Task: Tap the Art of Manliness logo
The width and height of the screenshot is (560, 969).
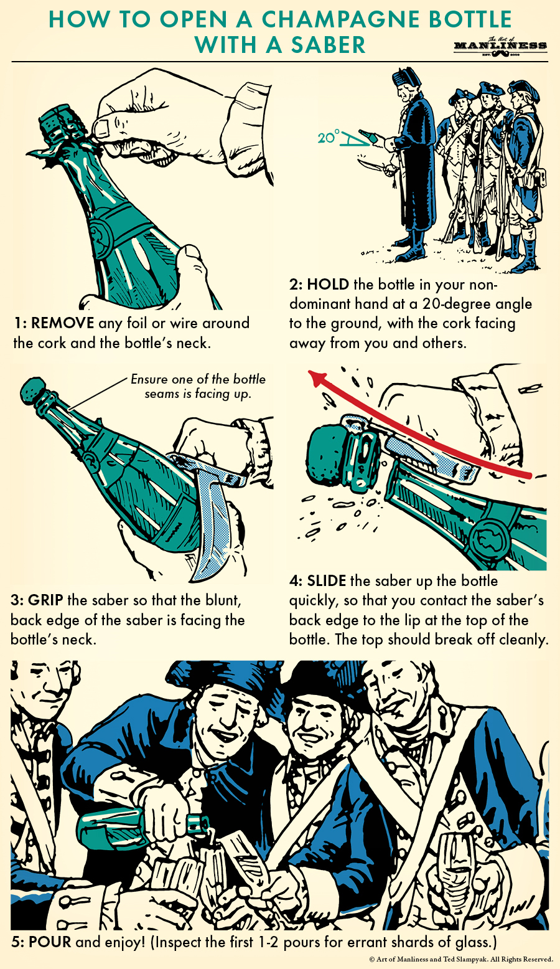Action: click(x=500, y=46)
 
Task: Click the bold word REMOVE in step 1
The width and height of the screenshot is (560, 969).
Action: click(x=62, y=323)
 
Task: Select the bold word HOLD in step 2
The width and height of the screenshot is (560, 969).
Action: click(x=328, y=285)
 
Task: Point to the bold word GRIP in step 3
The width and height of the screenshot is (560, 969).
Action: click(x=45, y=600)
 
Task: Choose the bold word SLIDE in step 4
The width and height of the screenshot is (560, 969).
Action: click(x=326, y=581)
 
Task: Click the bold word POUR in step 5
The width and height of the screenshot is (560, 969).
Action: click(x=50, y=942)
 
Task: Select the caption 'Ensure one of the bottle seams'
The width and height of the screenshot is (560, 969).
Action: click(x=198, y=386)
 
